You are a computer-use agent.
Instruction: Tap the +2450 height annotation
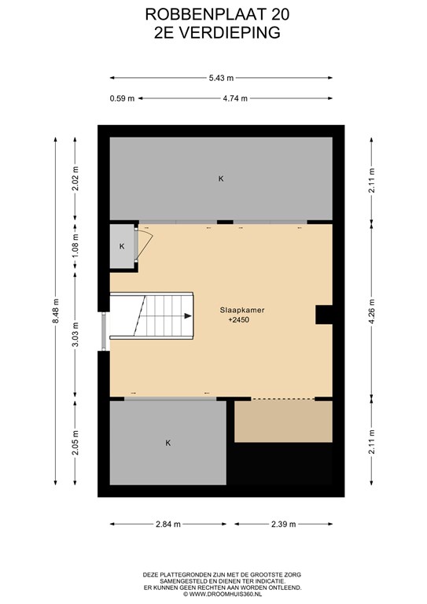coord(239,320)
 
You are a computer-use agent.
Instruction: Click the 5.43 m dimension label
coord(221,78)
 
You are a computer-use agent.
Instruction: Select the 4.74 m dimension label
coord(235,98)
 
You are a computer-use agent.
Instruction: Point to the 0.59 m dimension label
coord(122,98)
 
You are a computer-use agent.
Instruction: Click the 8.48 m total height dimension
coord(56,311)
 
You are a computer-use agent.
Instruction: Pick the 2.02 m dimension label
coord(75,179)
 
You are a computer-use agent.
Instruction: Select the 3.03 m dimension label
coord(75,334)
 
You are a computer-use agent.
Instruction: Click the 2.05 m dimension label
coord(75,442)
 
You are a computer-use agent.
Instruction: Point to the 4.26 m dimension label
coord(371,311)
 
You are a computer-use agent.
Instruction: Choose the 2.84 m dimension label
coord(168,524)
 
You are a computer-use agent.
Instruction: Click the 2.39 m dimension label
coord(283,524)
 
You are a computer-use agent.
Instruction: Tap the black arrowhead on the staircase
coord(188,316)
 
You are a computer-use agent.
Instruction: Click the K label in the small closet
coord(122,246)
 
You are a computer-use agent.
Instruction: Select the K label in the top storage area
coord(221,179)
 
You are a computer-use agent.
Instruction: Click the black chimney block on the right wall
coord(324,315)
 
